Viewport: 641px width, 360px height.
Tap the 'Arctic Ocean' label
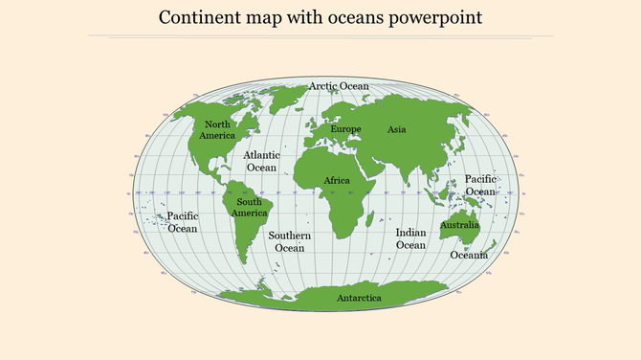[x=339, y=86]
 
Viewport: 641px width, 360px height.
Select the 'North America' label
[x=217, y=130]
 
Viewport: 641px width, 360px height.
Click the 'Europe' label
[x=345, y=129]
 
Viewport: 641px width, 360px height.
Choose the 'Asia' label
[x=397, y=129]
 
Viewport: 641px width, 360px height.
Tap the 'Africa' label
[x=337, y=180]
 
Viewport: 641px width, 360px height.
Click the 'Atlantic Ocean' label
[x=262, y=161]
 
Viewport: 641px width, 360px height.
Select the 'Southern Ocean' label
[x=289, y=241]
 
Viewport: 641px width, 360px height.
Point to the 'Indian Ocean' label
[x=410, y=238]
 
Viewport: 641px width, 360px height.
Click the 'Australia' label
[x=459, y=226]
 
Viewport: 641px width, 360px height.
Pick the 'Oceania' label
[x=469, y=255]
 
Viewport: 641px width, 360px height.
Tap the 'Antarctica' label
[x=359, y=299]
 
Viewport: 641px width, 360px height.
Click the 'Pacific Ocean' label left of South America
[x=183, y=222]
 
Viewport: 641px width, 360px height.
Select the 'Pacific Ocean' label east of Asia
[x=480, y=185]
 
